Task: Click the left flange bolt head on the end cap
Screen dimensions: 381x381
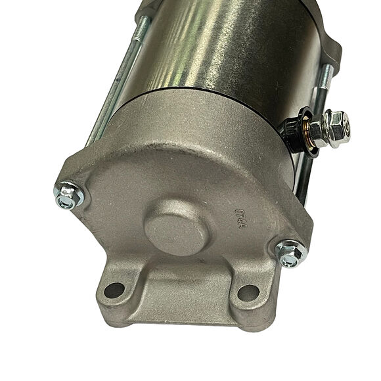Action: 68,195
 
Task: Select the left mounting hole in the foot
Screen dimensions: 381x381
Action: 114,288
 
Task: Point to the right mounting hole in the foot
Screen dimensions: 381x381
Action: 247,292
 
